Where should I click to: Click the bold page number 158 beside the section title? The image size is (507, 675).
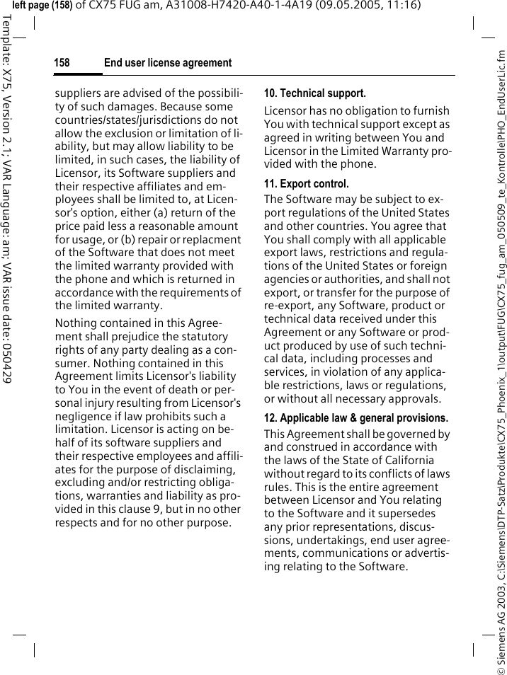pyautogui.click(x=62, y=63)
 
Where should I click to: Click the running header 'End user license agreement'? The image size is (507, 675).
pyautogui.click(x=168, y=63)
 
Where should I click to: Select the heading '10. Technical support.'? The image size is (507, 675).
pyautogui.click(x=315, y=93)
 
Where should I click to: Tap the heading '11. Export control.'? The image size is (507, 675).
pyautogui.click(x=307, y=184)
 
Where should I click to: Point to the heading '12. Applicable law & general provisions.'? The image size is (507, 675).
pyautogui.click(x=356, y=417)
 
